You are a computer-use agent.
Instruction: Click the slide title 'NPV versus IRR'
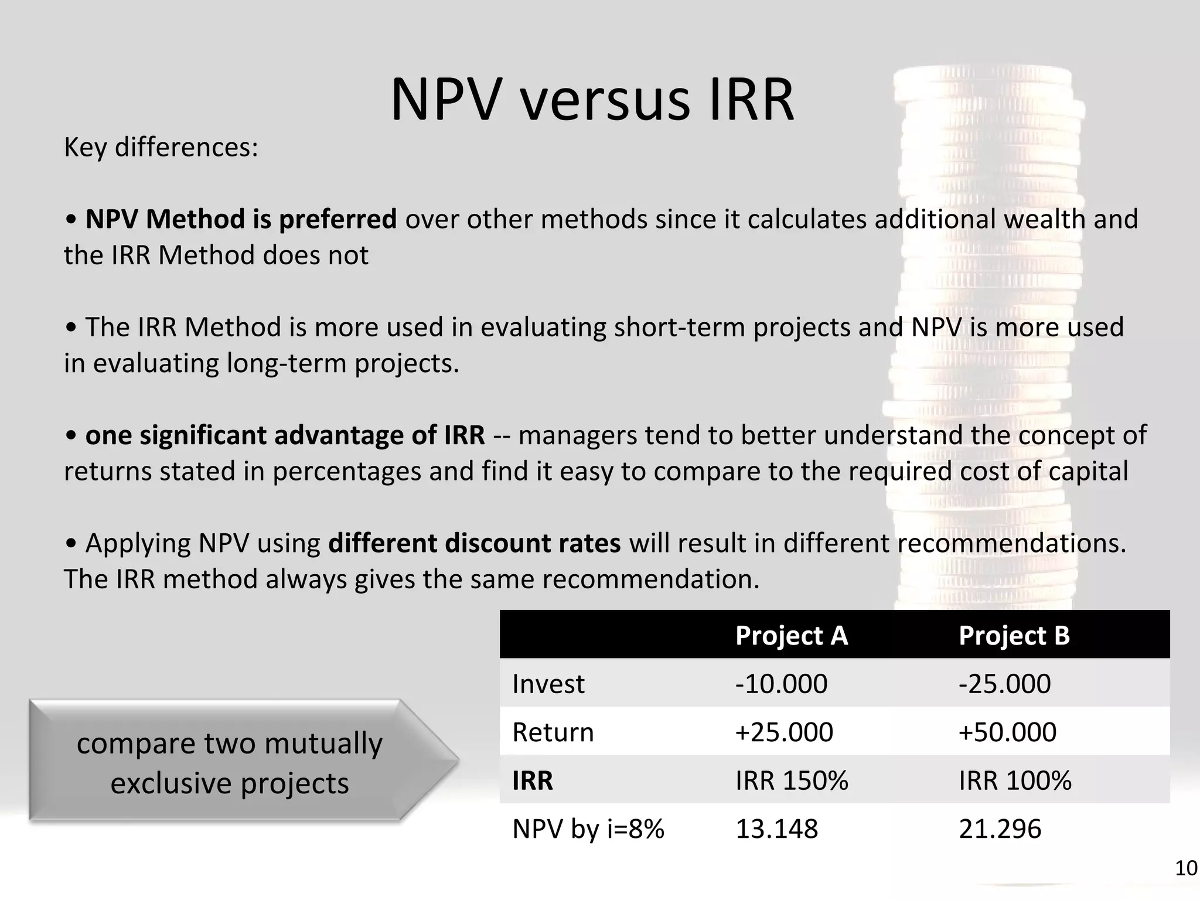point(592,100)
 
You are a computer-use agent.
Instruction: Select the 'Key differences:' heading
point(161,147)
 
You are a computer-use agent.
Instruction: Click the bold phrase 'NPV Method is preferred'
point(241,219)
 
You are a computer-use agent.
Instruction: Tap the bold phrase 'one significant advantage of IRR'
point(285,435)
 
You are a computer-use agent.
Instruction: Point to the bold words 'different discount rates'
point(474,543)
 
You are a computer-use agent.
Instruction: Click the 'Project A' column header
point(791,635)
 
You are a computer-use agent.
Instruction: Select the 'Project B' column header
point(1014,635)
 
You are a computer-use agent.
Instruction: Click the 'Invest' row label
point(548,684)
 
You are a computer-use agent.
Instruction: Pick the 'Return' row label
point(553,732)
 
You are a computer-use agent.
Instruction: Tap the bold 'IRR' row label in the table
point(533,780)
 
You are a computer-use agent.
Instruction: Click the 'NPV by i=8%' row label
point(588,829)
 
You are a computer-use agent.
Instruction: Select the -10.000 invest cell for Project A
point(781,684)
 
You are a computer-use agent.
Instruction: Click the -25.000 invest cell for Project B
point(1004,684)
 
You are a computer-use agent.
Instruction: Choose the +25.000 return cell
point(784,732)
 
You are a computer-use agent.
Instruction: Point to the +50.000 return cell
point(1007,732)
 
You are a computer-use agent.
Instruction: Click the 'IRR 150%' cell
point(792,780)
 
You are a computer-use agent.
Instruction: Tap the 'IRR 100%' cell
point(1015,780)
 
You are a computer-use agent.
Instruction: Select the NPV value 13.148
point(776,829)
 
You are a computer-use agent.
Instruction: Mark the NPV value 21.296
point(1000,829)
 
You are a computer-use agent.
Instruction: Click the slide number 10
point(1186,868)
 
